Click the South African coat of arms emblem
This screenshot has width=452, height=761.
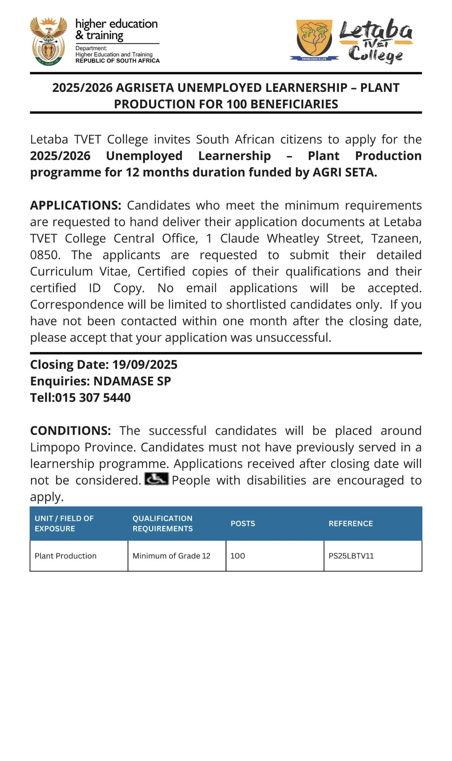[48, 41]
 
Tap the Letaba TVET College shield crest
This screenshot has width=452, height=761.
[314, 39]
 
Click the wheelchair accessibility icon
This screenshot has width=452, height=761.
[156, 479]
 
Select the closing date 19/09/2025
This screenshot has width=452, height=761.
[144, 365]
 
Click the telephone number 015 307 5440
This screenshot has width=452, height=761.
[93, 397]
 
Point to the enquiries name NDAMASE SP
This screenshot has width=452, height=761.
[132, 381]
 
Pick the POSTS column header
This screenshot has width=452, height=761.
[243, 523]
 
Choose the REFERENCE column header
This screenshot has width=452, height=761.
[350, 523]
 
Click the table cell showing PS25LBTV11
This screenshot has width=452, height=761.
[351, 556]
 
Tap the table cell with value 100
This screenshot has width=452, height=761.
[238, 556]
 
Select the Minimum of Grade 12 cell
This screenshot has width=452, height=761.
[171, 556]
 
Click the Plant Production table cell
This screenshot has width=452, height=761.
[66, 556]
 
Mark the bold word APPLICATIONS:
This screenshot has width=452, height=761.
[76, 206]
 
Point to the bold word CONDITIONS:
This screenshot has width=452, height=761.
[70, 431]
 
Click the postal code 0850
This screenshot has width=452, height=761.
[45, 255]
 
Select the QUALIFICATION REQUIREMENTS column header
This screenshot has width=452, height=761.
[162, 523]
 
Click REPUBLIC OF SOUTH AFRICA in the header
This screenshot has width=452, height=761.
[117, 61]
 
